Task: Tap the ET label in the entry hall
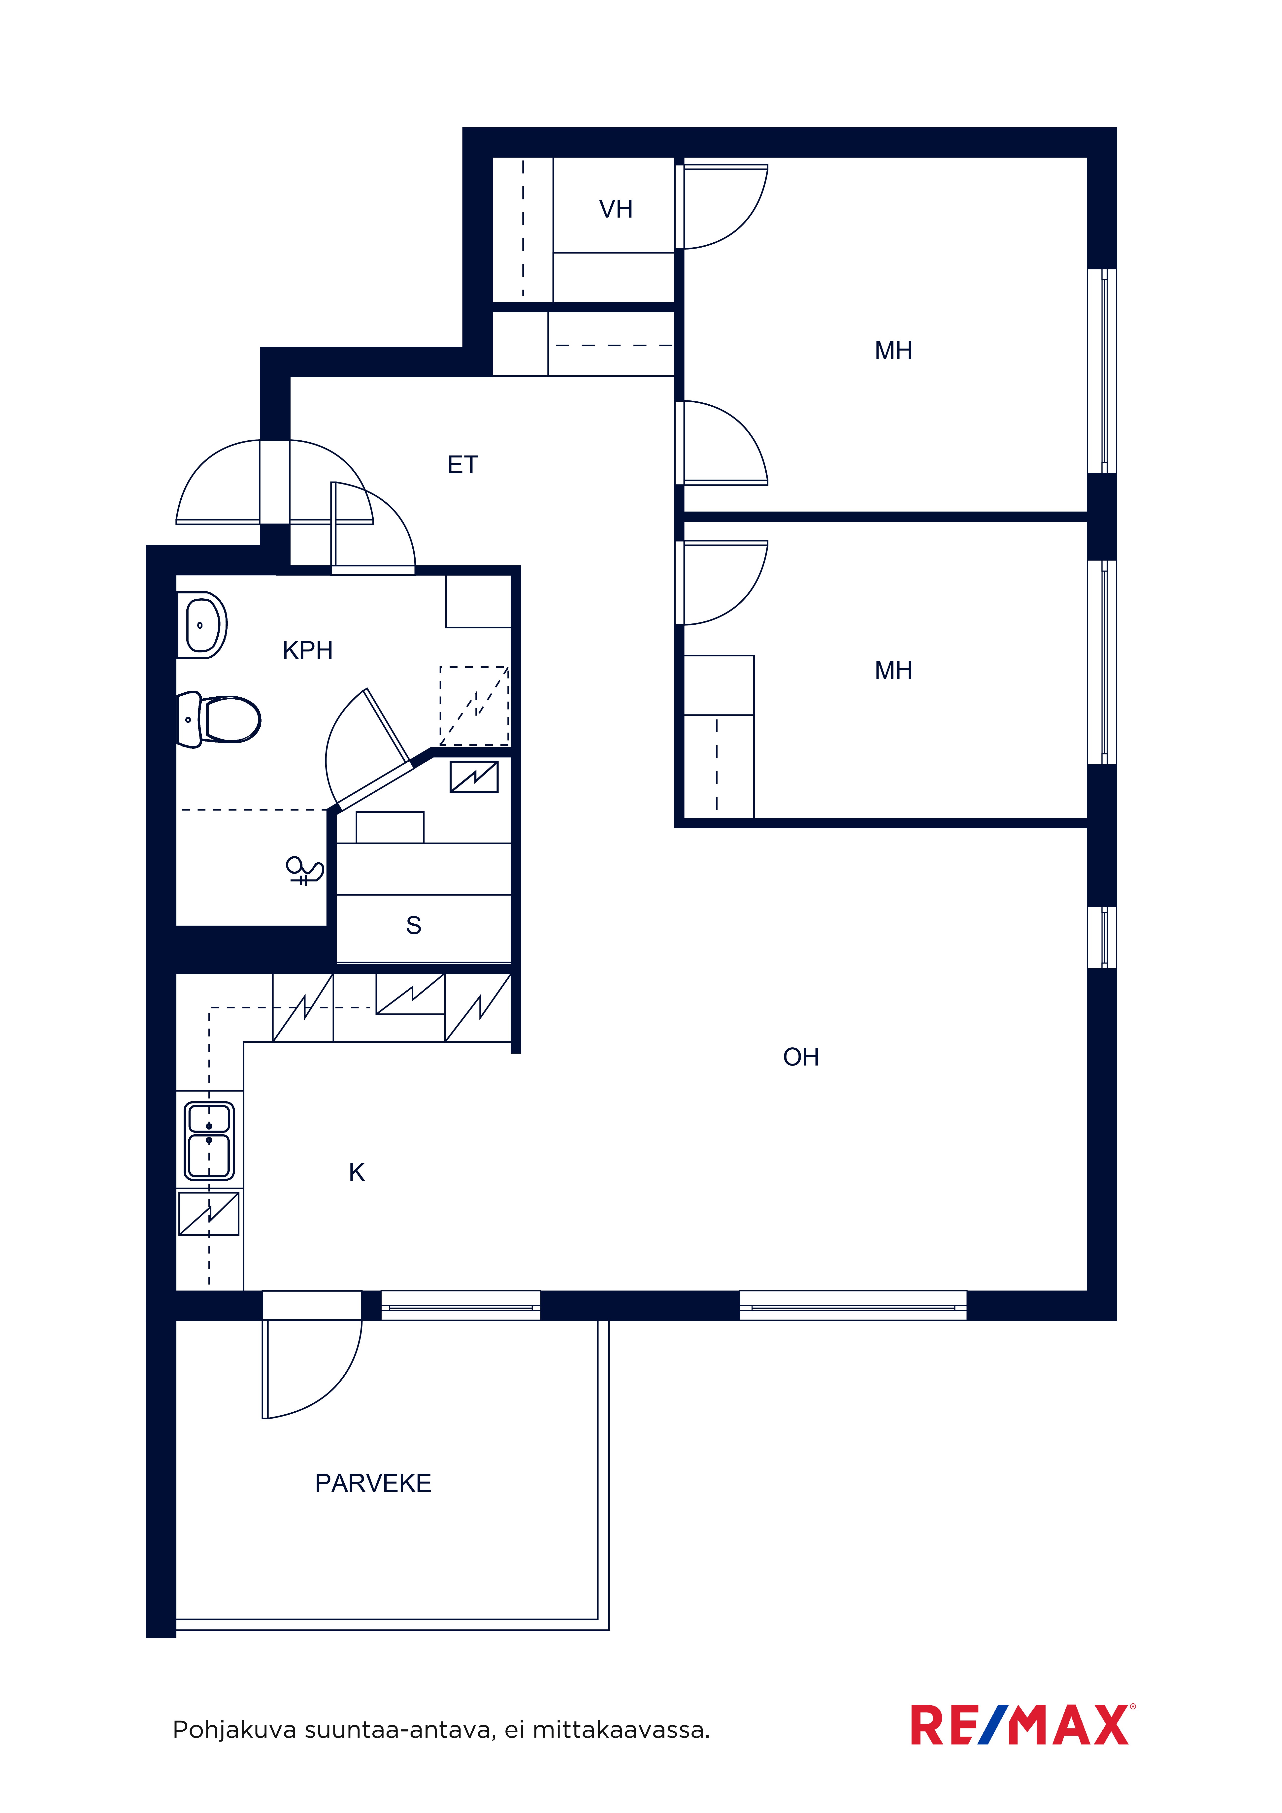(x=463, y=465)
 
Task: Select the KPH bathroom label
(x=307, y=651)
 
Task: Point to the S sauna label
(x=413, y=925)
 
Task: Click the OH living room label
(x=801, y=1057)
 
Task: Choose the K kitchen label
(x=357, y=1173)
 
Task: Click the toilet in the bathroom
(x=219, y=719)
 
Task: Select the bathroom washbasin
(x=202, y=625)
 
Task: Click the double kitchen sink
(x=209, y=1141)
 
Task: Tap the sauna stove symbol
(x=474, y=777)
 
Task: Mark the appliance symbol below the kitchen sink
(x=209, y=1214)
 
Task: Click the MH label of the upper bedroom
(x=893, y=351)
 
